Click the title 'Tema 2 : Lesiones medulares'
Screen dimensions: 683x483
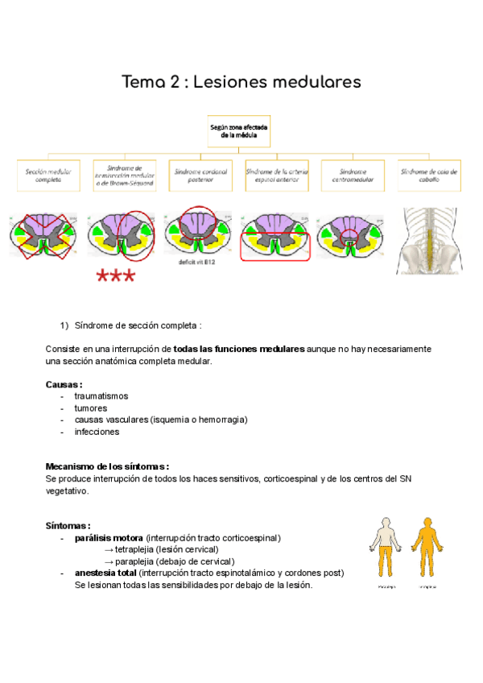[x=242, y=82]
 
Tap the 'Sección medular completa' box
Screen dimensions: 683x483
[x=48, y=176]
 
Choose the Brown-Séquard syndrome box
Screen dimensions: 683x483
[x=125, y=176]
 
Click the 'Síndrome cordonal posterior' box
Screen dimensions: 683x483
[x=200, y=176]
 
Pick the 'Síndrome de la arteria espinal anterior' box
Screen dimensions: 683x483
[x=276, y=176]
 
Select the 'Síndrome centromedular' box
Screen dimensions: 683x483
[x=353, y=176]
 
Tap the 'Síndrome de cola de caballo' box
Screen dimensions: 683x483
[x=429, y=176]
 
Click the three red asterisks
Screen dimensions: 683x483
[x=116, y=278]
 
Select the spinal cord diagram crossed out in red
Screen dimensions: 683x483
[x=43, y=234]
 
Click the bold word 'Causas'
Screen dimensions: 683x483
[x=63, y=384]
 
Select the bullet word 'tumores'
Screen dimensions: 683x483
[x=90, y=408]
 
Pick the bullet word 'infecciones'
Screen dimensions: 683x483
[x=97, y=431]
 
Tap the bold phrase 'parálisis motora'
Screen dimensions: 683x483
[x=109, y=537]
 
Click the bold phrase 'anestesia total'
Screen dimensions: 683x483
[x=105, y=573]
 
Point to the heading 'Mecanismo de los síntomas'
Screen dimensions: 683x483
[x=106, y=466]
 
